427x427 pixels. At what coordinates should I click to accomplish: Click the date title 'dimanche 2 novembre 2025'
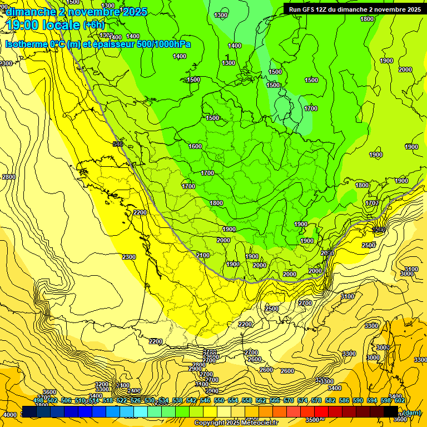77,12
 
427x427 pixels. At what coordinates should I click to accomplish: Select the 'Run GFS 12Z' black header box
353,9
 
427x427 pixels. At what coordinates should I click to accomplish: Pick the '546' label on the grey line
117,145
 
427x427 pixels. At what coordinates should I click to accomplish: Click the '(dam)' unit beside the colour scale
411,412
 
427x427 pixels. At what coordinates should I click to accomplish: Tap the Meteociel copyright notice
236,423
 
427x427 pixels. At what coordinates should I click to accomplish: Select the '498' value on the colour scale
38,400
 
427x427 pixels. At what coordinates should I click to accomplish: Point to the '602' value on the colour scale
399,400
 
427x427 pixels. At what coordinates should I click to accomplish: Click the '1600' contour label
195,146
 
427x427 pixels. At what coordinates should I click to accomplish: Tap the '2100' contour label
203,255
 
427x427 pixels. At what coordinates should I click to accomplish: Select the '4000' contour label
9,415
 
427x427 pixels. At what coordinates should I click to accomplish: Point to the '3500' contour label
312,420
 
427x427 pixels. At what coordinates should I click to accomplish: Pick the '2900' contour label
195,369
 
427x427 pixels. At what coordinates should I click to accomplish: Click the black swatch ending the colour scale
390,411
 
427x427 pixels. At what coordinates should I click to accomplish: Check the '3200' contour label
102,384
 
